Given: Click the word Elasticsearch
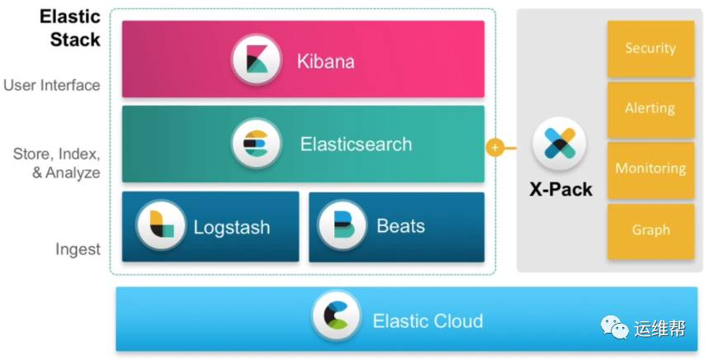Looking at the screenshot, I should [x=356, y=144].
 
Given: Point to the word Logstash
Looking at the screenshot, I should [x=232, y=227].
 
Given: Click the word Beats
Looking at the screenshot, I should [x=400, y=226].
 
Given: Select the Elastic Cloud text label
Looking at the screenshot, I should [x=428, y=320].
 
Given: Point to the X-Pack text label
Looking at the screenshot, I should [x=560, y=189].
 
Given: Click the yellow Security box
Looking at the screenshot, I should [x=650, y=49].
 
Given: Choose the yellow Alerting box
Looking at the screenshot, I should [x=650, y=109].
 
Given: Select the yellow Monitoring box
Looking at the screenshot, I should [x=650, y=169].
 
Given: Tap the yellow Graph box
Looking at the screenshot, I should [x=650, y=230].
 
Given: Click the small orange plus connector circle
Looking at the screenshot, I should [x=494, y=148].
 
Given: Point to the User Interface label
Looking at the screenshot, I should [x=52, y=85].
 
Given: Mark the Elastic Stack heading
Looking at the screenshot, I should [x=70, y=27].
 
